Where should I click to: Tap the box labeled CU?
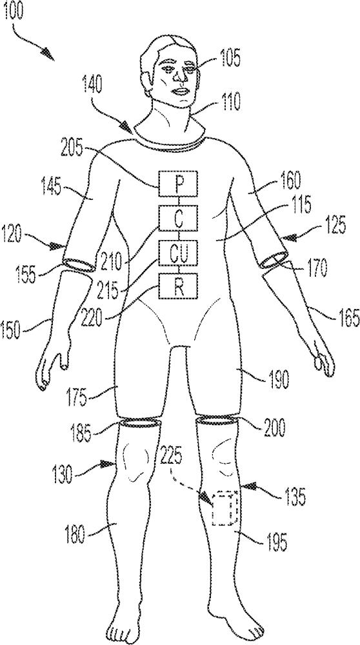pos(178,253)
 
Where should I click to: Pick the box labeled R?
pos(178,286)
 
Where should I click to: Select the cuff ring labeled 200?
pos(217,420)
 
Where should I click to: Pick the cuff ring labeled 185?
pos(140,422)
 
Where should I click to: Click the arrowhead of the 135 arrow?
pos(252,488)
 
